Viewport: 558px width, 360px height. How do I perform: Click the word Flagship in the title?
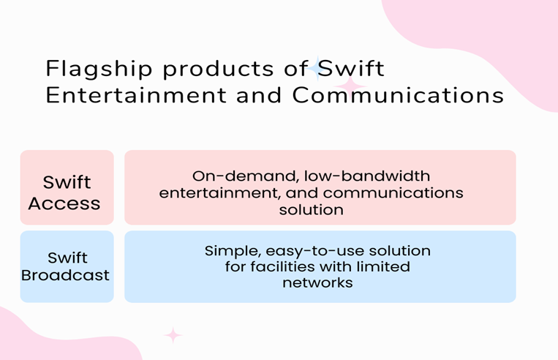[x=99, y=69]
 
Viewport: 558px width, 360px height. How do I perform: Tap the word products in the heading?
[x=218, y=69]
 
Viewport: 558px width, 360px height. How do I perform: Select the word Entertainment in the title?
[x=136, y=95]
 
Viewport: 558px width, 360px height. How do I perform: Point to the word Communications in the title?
[x=398, y=95]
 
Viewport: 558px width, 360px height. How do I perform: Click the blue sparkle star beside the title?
[x=317, y=68]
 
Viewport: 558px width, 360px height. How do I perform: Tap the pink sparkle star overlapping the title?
[x=350, y=86]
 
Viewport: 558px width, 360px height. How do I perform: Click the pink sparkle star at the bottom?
[x=173, y=335]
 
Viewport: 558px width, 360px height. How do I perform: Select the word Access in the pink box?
[x=64, y=203]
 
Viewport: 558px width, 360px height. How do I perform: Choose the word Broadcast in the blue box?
[x=65, y=275]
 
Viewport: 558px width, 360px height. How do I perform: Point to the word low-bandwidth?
[x=367, y=176]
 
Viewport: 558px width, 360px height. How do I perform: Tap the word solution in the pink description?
[x=311, y=210]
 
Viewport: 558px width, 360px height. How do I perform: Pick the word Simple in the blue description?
[x=233, y=252]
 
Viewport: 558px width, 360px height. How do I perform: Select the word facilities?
[x=282, y=266]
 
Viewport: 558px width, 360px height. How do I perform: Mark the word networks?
[x=317, y=283]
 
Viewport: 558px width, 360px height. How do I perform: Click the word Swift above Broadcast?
[x=67, y=258]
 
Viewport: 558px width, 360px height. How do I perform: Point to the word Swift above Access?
[x=67, y=182]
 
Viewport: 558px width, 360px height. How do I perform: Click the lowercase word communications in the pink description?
[x=393, y=193]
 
